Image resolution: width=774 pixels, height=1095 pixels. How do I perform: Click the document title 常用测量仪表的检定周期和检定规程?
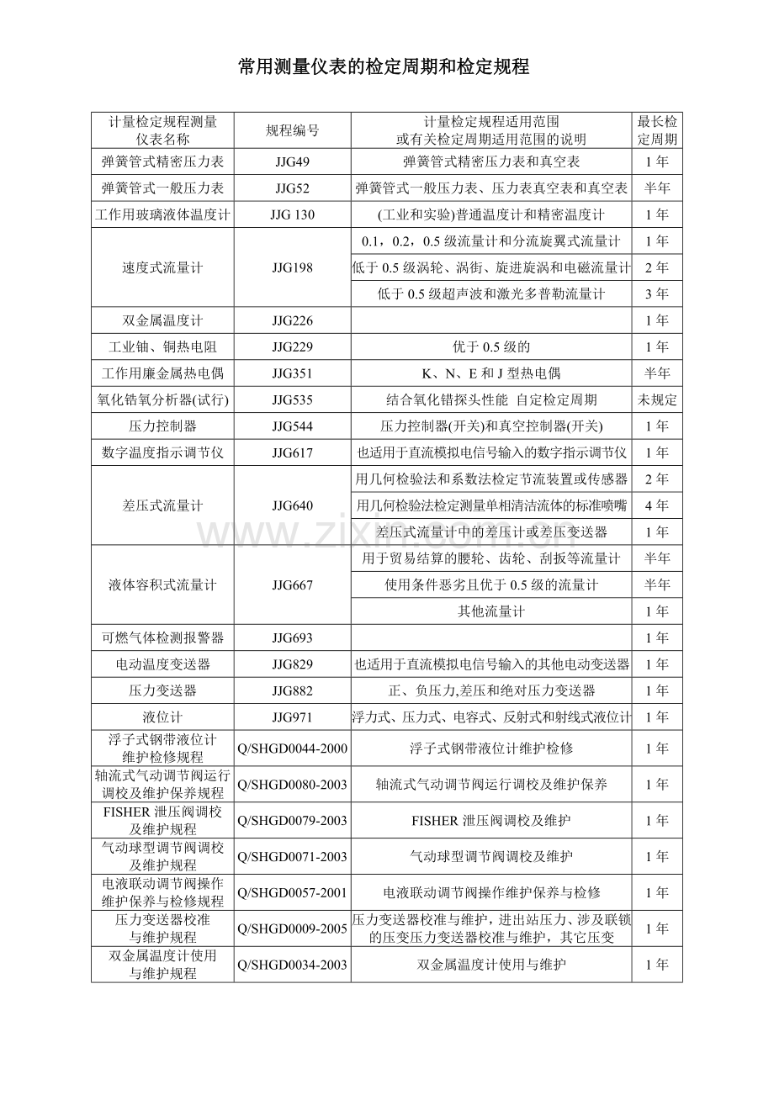pyautogui.click(x=384, y=67)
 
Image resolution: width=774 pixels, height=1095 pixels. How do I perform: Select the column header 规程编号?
pyautogui.click(x=292, y=130)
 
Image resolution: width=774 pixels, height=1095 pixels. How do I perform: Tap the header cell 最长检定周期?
pyautogui.click(x=657, y=130)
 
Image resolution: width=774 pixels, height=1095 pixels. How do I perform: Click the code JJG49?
pyautogui.click(x=292, y=161)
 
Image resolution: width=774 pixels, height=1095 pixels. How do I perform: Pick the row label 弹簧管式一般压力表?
pyautogui.click(x=162, y=188)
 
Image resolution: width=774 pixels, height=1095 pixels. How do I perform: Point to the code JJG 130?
pyautogui.click(x=292, y=214)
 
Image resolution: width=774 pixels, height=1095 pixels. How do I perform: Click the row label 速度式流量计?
pyautogui.click(x=162, y=267)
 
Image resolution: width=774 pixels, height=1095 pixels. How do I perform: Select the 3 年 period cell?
pyautogui.click(x=657, y=294)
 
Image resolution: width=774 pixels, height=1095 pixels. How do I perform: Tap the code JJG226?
pyautogui.click(x=292, y=320)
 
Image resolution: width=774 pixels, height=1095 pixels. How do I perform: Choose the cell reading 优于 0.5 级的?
pyautogui.click(x=491, y=347)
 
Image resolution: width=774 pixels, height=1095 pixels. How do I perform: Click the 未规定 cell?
pyautogui.click(x=657, y=400)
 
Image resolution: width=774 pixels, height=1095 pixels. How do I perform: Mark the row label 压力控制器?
pyautogui.click(x=162, y=426)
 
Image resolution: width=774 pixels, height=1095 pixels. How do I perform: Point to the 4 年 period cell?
pyautogui.click(x=657, y=505)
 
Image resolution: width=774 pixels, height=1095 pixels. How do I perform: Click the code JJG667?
pyautogui.click(x=292, y=585)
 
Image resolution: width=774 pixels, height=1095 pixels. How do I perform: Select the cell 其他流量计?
pyautogui.click(x=491, y=611)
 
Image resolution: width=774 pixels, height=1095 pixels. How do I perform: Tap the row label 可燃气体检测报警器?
pyautogui.click(x=162, y=637)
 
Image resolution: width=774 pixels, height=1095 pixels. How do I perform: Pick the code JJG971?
pyautogui.click(x=292, y=717)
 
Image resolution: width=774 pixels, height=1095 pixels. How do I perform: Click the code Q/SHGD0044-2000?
pyautogui.click(x=293, y=749)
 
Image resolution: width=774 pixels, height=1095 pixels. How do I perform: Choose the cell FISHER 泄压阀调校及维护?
pyautogui.click(x=491, y=820)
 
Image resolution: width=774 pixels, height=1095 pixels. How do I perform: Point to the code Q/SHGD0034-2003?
pyautogui.click(x=293, y=965)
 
